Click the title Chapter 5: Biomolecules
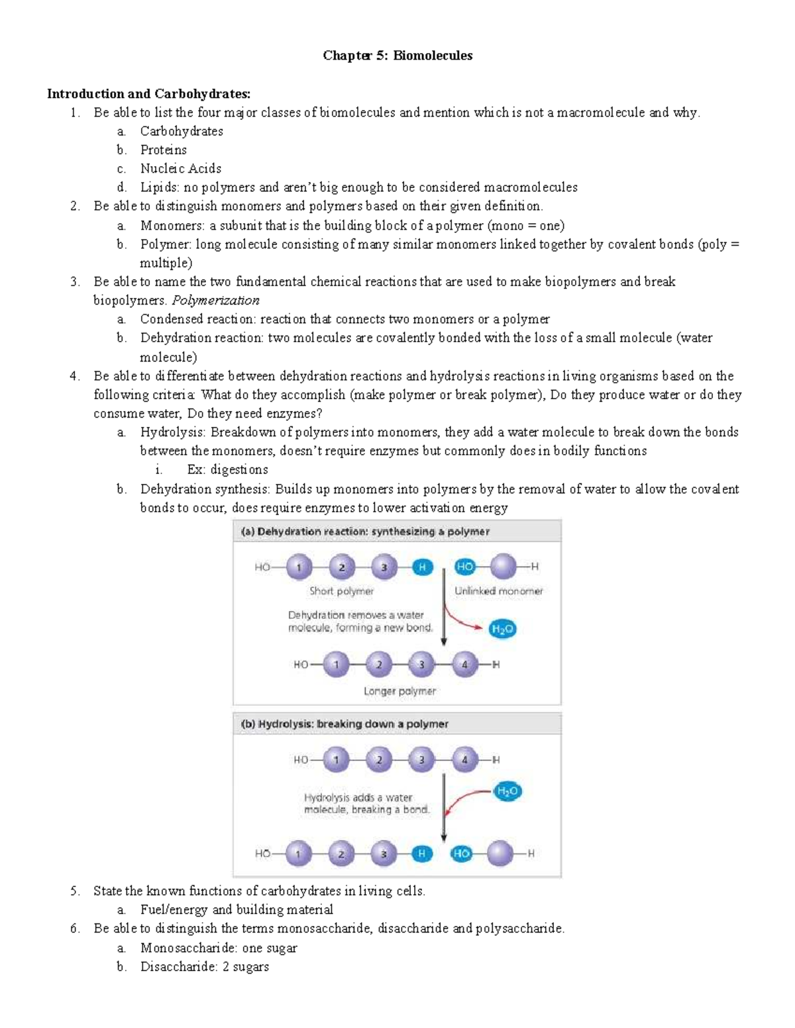397,56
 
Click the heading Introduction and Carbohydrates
148,93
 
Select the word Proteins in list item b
163,150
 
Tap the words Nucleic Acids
180,168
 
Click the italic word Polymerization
215,300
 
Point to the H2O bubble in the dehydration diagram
502,629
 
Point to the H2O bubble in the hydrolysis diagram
507,791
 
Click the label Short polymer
341,590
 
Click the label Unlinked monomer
498,590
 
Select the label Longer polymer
399,690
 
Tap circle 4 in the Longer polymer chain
464,664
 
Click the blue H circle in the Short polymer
422,567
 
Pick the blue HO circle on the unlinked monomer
464,567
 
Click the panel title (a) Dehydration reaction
365,531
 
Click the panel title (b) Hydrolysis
344,724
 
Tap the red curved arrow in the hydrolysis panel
464,802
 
